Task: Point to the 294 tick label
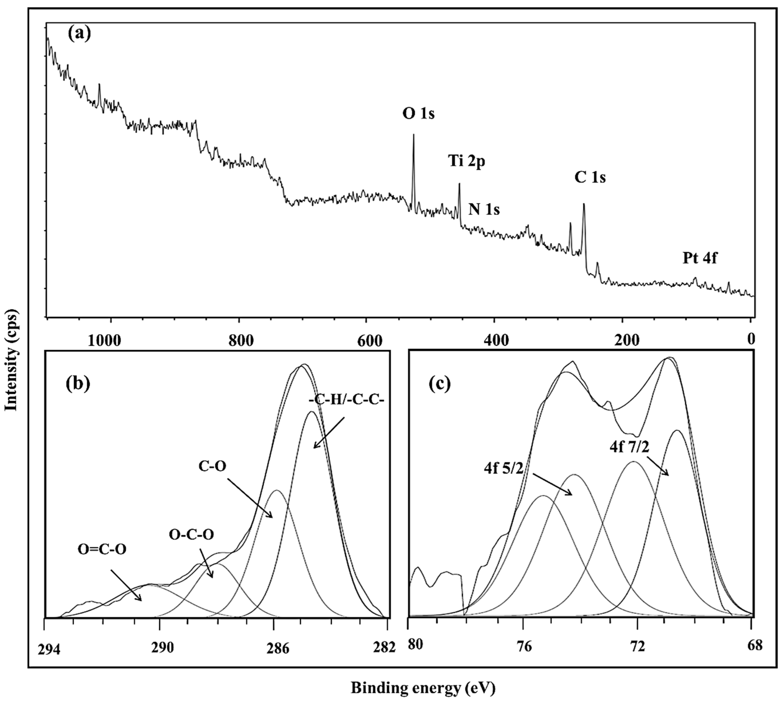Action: point(49,649)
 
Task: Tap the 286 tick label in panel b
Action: point(277,649)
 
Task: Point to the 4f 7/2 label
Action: point(629,447)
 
